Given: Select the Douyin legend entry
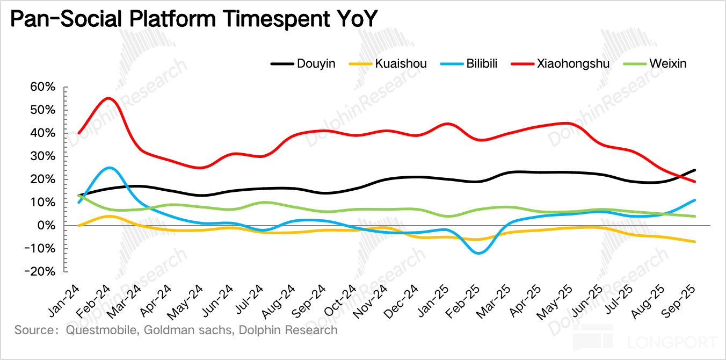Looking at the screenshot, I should pyautogui.click(x=316, y=64).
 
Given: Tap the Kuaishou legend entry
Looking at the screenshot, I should pyautogui.click(x=401, y=64).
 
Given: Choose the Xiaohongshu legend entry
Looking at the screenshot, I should pyautogui.click(x=572, y=64).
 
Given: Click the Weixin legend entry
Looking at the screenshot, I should pyautogui.click(x=667, y=64).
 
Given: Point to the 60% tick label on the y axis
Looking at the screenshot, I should pyautogui.click(x=43, y=87).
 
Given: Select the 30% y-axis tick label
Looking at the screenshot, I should pyautogui.click(x=43, y=156).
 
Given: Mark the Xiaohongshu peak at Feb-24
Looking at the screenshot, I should pyautogui.click(x=109, y=98).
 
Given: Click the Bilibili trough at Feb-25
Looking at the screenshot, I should pyautogui.click(x=478, y=253).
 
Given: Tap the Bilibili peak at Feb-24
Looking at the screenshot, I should pyautogui.click(x=109, y=168).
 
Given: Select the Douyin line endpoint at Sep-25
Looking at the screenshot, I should pyautogui.click(x=695, y=170).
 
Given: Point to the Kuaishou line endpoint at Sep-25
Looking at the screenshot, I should pyautogui.click(x=695, y=242).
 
